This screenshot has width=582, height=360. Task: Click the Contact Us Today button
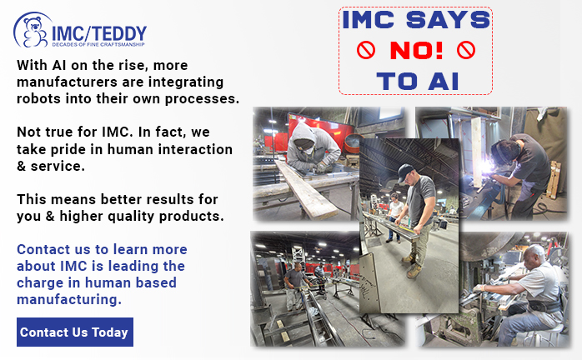(x=75, y=332)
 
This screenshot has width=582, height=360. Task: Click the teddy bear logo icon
(x=33, y=32)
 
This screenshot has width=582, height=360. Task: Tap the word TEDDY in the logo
(x=119, y=34)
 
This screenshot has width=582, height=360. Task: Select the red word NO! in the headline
(x=416, y=50)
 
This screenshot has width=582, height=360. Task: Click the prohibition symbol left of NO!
(x=366, y=50)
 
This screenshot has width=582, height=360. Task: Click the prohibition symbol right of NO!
(x=466, y=50)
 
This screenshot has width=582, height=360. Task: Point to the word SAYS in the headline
(x=448, y=20)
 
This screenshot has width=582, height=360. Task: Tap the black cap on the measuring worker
(x=404, y=172)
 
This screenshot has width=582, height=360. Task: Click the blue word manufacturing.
(x=69, y=299)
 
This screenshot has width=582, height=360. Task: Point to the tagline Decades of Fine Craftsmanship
(x=98, y=44)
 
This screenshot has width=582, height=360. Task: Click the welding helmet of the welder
(x=504, y=152)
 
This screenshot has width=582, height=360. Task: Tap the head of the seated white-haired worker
(x=534, y=255)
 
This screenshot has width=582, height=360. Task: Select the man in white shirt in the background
(x=394, y=217)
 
